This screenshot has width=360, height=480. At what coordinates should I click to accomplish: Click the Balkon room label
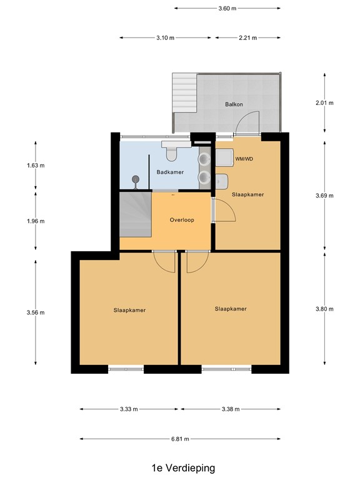coord(234,104)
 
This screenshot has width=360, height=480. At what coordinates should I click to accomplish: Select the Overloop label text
coord(181,220)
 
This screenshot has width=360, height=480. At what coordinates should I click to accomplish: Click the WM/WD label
coord(244,159)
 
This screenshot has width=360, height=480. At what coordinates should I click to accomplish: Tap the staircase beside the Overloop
coord(135,214)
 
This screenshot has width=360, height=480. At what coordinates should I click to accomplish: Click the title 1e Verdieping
coord(180,467)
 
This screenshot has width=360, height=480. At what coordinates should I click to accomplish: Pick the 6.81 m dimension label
coord(180,439)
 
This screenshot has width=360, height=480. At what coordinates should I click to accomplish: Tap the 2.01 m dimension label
coord(325,103)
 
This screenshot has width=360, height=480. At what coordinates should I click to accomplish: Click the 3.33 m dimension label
coord(127,409)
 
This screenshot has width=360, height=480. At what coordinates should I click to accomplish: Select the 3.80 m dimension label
coord(325,308)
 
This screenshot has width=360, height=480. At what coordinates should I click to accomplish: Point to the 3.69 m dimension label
coord(325,195)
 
